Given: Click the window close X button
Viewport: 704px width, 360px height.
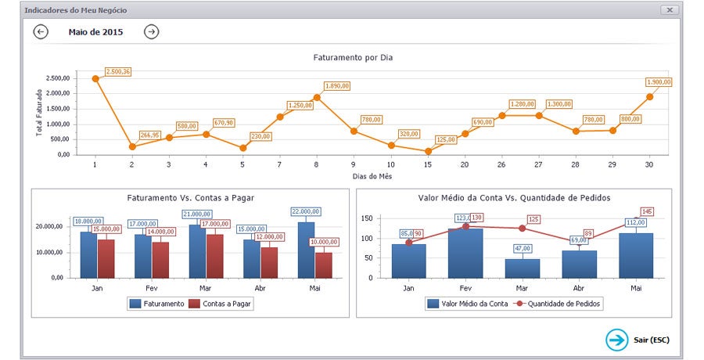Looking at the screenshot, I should [670, 10].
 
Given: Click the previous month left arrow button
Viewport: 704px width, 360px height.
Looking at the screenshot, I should [41, 32].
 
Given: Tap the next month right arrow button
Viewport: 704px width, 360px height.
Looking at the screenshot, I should [152, 32].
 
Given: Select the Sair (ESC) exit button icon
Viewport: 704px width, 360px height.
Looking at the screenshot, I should [617, 340].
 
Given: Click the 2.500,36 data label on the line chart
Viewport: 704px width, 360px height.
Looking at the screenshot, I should [117, 72].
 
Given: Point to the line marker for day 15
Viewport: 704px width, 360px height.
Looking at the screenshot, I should [429, 151].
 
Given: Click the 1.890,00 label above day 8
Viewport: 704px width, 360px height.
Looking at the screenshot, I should [338, 85].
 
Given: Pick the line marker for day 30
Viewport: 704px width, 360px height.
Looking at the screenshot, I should [650, 97].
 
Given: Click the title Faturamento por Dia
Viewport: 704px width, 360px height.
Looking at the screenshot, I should [353, 57].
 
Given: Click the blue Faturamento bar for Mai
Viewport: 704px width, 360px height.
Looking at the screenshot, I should [307, 250].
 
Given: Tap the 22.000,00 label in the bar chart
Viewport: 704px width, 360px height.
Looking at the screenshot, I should [305, 211].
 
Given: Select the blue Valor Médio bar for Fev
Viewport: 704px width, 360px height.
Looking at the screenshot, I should [465, 253].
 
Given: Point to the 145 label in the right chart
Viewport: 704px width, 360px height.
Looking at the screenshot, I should [646, 211].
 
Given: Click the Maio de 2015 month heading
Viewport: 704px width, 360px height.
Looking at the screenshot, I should [95, 32].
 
